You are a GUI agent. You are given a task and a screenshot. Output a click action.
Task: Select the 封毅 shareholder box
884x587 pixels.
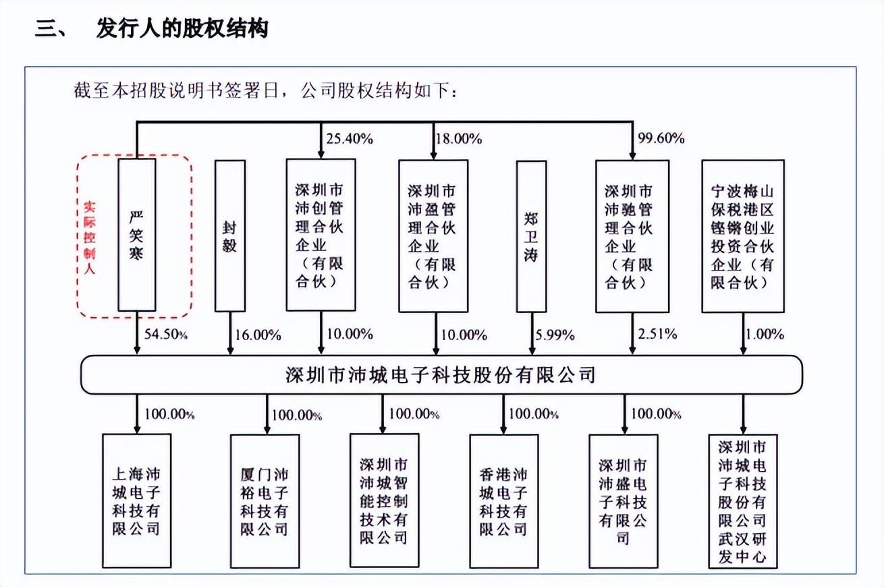click(230, 235)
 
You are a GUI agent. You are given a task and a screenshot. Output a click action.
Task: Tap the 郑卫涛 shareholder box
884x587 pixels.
click(530, 235)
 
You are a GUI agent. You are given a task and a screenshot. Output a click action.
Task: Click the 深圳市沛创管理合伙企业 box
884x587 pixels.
click(320, 235)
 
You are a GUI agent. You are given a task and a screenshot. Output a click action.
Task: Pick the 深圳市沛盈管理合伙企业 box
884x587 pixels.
click(433, 235)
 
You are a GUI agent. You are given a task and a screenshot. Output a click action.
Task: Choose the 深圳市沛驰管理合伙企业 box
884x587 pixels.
click(632, 235)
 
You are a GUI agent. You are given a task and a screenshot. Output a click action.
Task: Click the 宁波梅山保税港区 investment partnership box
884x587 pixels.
click(742, 235)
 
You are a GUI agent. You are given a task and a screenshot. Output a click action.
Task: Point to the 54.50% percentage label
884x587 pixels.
click(165, 334)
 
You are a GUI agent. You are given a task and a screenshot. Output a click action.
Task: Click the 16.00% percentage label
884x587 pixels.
click(258, 334)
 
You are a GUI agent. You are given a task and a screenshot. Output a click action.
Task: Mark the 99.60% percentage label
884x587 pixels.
click(661, 140)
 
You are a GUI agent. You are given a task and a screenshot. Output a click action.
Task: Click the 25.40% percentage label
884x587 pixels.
click(350, 140)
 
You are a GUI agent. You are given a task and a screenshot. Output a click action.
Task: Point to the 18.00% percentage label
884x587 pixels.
click(458, 140)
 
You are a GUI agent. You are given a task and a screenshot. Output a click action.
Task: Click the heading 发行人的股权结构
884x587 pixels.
click(182, 30)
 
